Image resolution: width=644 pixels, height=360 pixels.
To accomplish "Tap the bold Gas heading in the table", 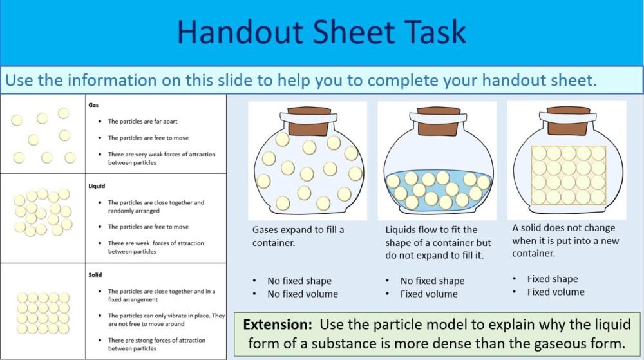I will (93, 103).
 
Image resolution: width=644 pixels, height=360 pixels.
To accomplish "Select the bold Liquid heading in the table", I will (97, 186).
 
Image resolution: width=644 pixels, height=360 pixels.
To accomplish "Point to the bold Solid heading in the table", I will (95, 274).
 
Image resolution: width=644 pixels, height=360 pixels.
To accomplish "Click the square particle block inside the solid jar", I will (568, 175).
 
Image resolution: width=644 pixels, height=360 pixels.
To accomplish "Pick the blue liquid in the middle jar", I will (438, 187).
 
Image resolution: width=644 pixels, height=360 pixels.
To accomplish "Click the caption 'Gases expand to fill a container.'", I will (298, 236).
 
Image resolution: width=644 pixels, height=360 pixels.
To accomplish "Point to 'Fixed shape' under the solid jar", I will (552, 279).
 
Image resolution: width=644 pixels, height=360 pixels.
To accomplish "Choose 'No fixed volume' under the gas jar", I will (303, 294).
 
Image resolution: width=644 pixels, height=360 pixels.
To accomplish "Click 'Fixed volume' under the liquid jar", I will (429, 294).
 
